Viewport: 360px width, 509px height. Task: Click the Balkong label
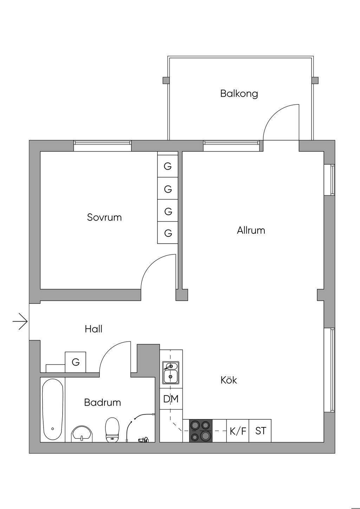click(239, 94)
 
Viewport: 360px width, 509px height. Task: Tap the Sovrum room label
click(104, 217)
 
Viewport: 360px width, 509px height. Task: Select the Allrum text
click(251, 231)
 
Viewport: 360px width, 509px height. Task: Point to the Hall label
click(94, 329)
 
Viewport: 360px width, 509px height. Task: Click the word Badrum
click(102, 402)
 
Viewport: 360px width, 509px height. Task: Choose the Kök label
click(229, 380)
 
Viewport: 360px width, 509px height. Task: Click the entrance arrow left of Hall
click(20, 321)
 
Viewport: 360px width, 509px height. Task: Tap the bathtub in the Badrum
click(53, 410)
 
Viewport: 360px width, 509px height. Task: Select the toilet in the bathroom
click(112, 430)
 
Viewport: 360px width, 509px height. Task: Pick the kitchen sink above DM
click(171, 373)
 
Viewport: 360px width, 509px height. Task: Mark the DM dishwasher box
click(171, 399)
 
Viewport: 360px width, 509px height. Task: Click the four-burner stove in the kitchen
click(201, 431)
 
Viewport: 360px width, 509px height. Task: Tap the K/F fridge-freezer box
click(238, 431)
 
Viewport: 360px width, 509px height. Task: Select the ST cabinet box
click(260, 431)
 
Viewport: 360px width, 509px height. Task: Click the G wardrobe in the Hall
click(76, 362)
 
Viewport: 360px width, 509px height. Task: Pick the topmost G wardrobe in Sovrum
click(168, 166)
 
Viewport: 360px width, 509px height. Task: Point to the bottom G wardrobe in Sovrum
click(168, 233)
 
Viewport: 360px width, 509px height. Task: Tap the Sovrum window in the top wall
click(102, 146)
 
